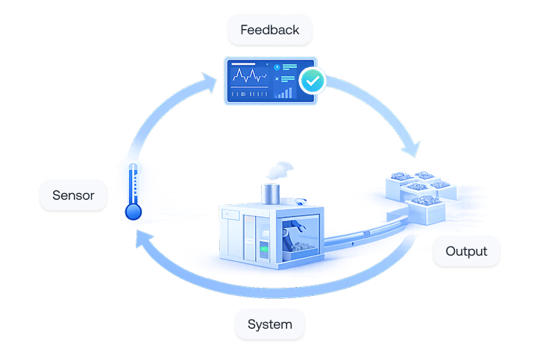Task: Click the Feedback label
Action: pyautogui.click(x=269, y=31)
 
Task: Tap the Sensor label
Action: pyautogui.click(x=72, y=197)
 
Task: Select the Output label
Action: pyautogui.click(x=466, y=251)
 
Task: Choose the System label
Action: pyautogui.click(x=269, y=324)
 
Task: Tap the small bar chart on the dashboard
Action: pyautogui.click(x=283, y=92)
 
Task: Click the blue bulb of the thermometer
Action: pyautogui.click(x=134, y=212)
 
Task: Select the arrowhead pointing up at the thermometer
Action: pyautogui.click(x=141, y=238)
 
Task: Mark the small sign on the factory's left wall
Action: pyautogui.click(x=230, y=215)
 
